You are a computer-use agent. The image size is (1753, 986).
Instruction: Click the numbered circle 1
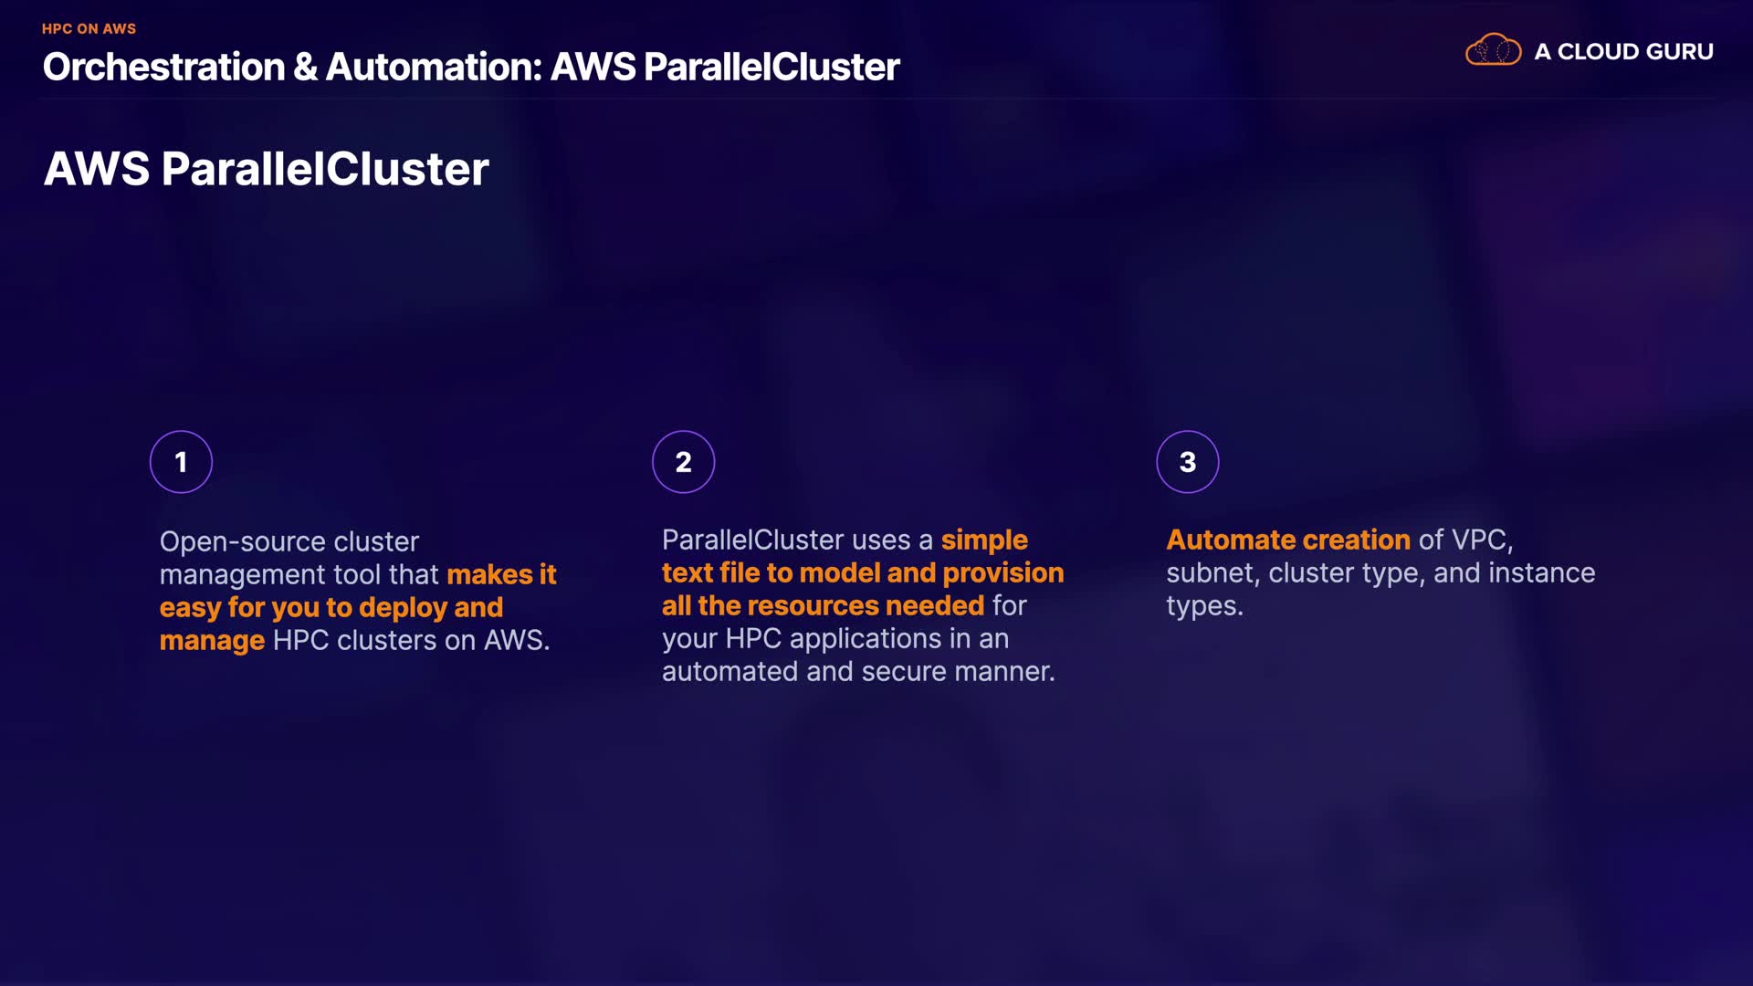tap(181, 462)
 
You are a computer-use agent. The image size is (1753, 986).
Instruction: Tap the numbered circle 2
tap(683, 462)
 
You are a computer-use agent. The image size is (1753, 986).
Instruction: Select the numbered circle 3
tap(1187, 462)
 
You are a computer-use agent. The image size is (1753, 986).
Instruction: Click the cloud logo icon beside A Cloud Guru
tap(1493, 50)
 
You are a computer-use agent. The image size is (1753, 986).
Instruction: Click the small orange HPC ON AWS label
tap(89, 29)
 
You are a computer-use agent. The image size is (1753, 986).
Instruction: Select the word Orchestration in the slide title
tap(163, 68)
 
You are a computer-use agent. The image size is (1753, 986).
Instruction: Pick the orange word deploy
tap(402, 609)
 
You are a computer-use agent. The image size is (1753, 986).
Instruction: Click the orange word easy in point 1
tap(190, 609)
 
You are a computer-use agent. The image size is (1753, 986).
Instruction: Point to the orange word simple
tap(984, 540)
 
